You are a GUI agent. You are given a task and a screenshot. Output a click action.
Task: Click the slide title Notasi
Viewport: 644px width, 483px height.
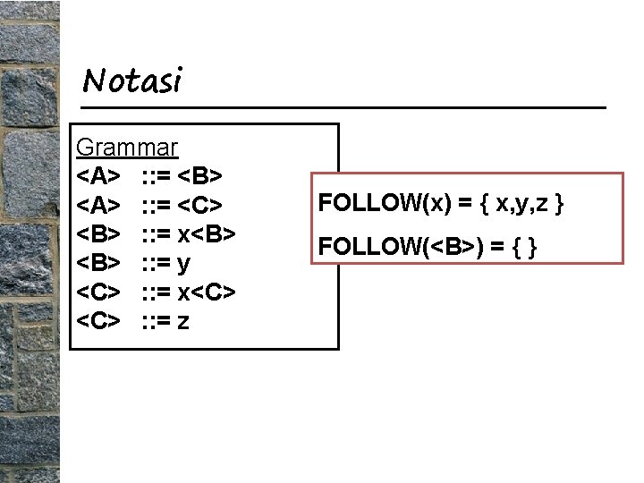coord(131,81)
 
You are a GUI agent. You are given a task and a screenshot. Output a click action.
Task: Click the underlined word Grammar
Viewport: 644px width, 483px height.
coord(127,147)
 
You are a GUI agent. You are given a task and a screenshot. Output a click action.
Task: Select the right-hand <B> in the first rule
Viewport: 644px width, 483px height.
coord(208,176)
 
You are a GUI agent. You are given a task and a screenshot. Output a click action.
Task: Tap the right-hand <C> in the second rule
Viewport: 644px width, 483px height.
coord(208,205)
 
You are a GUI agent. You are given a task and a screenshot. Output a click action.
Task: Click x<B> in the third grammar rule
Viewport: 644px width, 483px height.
coord(208,233)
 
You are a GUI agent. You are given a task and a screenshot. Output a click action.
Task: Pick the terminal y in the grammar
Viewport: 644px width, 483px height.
coord(185,263)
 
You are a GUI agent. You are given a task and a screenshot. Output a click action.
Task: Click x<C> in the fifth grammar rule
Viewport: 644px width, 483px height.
coord(208,292)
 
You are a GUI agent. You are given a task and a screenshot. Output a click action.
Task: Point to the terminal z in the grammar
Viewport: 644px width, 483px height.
coord(184,320)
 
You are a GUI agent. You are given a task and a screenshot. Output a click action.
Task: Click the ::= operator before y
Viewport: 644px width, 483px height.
coord(157,263)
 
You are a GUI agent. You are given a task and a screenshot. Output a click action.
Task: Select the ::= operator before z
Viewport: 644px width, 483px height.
coord(157,320)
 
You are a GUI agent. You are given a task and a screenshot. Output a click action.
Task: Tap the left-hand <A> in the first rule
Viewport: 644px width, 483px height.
coord(98,176)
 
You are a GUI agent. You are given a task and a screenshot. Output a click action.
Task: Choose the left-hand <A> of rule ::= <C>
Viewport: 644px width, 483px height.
coord(98,205)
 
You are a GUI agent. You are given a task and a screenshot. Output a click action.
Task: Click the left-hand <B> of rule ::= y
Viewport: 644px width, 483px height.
coord(98,263)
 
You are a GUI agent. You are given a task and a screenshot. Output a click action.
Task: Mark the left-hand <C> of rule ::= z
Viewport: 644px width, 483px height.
coord(98,320)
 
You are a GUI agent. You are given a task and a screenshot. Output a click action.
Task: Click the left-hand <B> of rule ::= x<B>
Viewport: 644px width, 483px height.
coord(98,233)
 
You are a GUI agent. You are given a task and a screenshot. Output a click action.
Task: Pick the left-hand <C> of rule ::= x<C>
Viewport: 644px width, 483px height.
coord(98,292)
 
